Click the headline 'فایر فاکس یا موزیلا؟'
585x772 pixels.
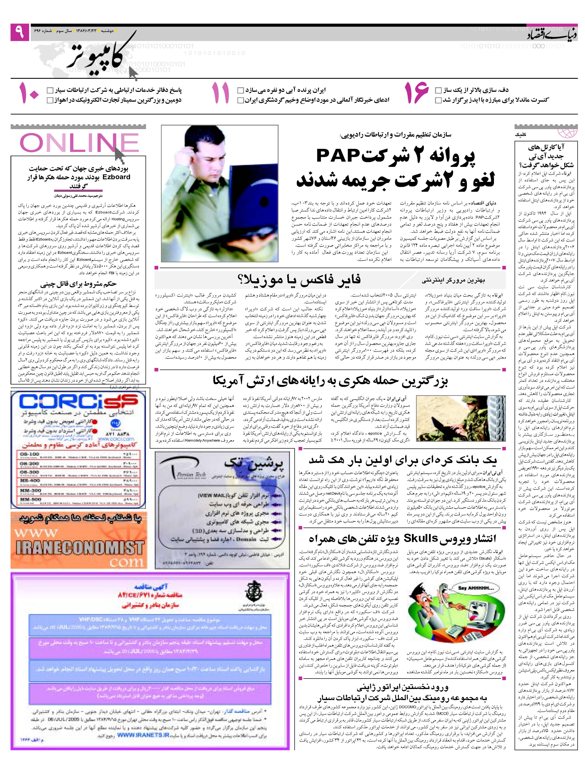(298, 280)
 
